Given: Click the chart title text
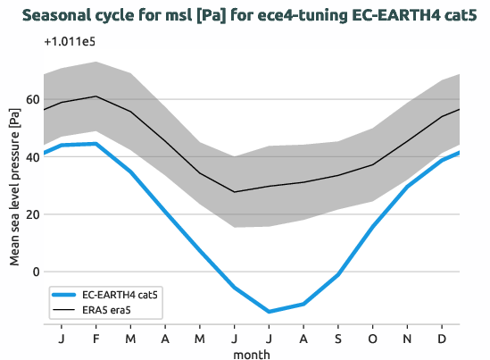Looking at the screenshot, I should click(245, 15).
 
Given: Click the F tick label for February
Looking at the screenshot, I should click(96, 339).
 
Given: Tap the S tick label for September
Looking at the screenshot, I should click(338, 339).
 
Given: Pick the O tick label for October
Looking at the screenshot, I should click(372, 339).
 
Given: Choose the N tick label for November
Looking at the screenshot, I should click(407, 339).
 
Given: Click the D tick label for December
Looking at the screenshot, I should click(442, 339).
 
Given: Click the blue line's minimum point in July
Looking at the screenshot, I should click(269, 312).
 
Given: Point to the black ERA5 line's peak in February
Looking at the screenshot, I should click(96, 96).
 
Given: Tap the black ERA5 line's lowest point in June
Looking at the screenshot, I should click(235, 192).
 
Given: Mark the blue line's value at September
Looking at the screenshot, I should click(338, 274).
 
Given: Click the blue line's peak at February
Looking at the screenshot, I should click(96, 144).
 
